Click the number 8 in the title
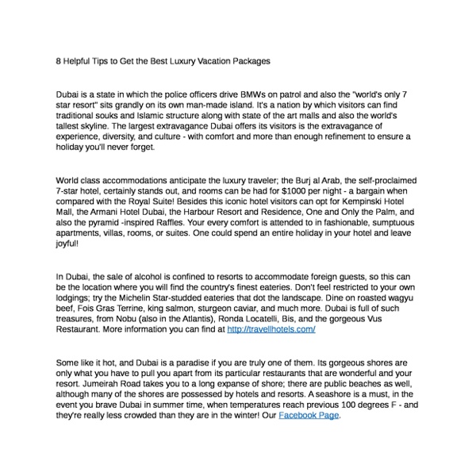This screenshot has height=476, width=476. [x=59, y=60]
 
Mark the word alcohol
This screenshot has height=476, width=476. [x=147, y=276]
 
